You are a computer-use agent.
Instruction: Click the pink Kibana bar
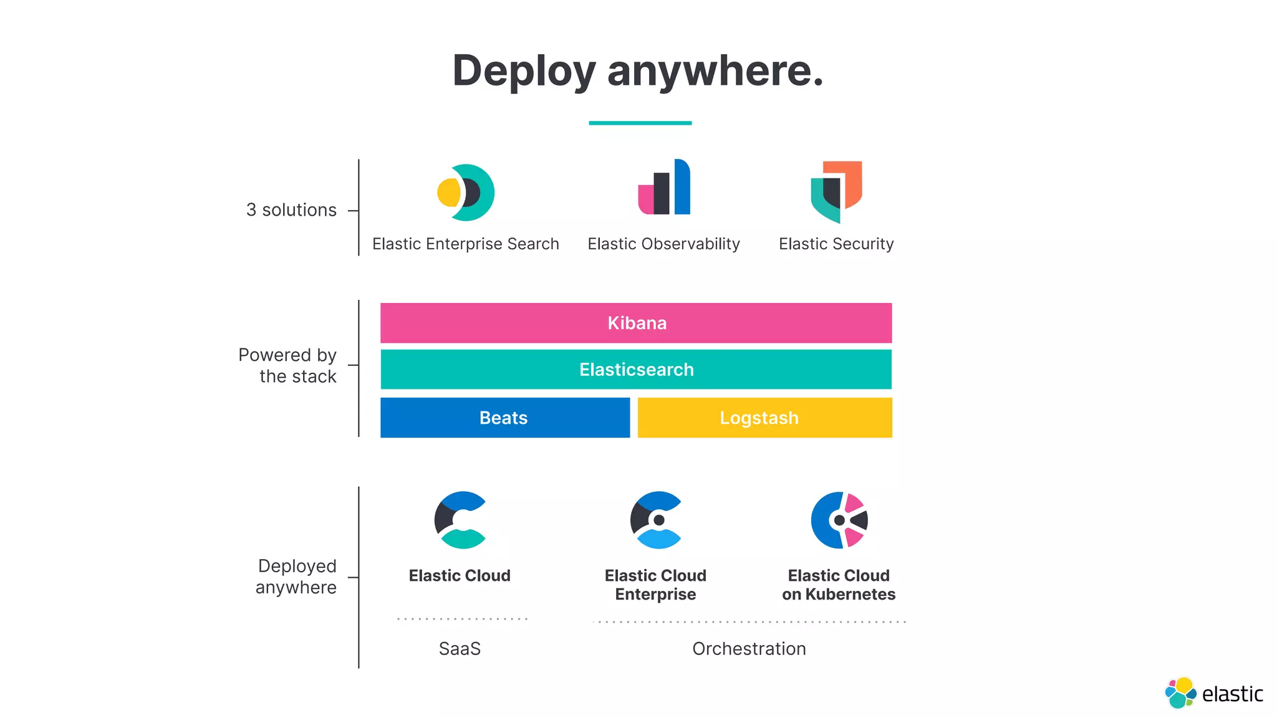tap(636, 323)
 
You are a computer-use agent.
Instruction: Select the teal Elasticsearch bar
tap(636, 370)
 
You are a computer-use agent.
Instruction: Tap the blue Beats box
tap(504, 418)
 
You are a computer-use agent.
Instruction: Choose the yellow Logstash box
tap(764, 418)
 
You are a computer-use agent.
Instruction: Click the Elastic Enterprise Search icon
tap(466, 193)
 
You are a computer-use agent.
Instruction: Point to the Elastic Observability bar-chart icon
tap(664, 188)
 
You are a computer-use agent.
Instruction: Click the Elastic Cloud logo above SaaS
tap(460, 520)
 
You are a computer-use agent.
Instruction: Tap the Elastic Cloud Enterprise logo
tap(656, 520)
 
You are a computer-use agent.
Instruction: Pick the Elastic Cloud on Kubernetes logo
tap(839, 520)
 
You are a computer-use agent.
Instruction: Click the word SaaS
tap(460, 649)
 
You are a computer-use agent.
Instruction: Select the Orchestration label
tap(749, 649)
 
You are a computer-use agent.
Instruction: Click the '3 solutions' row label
tap(291, 210)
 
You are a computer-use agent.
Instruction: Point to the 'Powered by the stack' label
tap(288, 365)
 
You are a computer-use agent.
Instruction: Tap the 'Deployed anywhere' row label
tap(297, 577)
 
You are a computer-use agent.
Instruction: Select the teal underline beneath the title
tap(640, 123)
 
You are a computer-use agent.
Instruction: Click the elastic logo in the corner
tap(1213, 693)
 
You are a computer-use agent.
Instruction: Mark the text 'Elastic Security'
tap(836, 244)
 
